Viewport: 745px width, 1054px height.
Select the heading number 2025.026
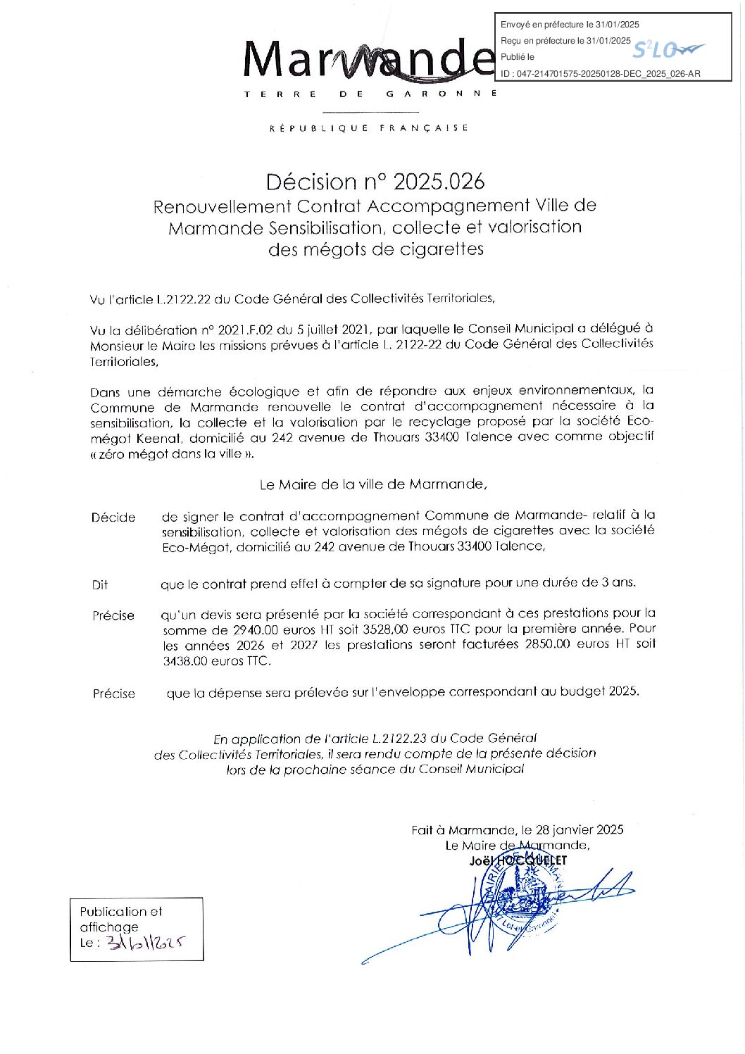(439, 182)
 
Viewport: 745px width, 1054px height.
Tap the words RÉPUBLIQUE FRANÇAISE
(369, 128)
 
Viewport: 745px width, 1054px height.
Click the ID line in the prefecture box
(600, 73)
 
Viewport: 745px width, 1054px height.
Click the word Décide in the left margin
(113, 517)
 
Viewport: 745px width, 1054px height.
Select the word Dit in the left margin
(99, 585)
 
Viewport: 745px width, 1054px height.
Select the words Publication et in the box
(120, 911)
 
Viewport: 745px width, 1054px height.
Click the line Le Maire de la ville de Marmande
(373, 484)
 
